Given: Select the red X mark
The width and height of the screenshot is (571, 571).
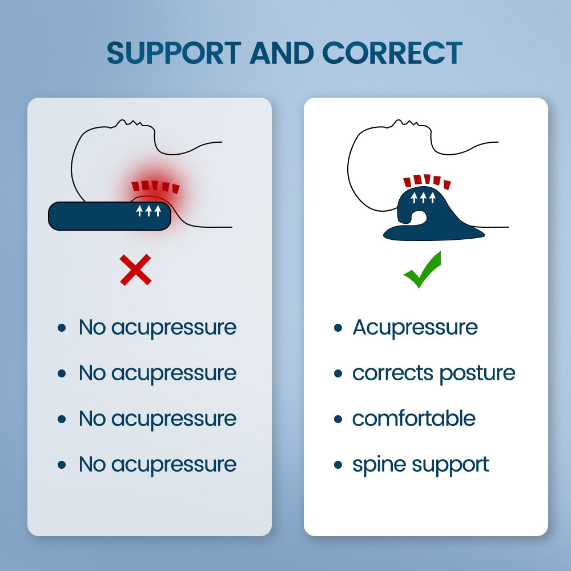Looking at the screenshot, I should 136,270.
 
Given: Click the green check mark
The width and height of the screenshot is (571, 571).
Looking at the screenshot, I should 423,270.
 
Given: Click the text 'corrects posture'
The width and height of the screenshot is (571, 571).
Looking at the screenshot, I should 433,373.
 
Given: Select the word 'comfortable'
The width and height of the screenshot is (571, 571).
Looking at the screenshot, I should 414,419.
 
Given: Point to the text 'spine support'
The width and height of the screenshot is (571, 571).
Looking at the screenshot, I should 421,465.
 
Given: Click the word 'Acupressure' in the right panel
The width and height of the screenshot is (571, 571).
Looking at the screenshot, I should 415,327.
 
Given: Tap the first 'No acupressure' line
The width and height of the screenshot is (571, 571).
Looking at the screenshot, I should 157,327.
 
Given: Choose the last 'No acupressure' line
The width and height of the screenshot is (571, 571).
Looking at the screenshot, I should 157,464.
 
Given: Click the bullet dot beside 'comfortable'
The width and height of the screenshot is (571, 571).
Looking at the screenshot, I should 339,420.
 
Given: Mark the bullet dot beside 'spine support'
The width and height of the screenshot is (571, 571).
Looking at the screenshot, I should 339,465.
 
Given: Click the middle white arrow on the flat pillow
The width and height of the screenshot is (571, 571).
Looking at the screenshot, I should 148,211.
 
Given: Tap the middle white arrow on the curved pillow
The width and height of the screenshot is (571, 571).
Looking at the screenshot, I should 423,198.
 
